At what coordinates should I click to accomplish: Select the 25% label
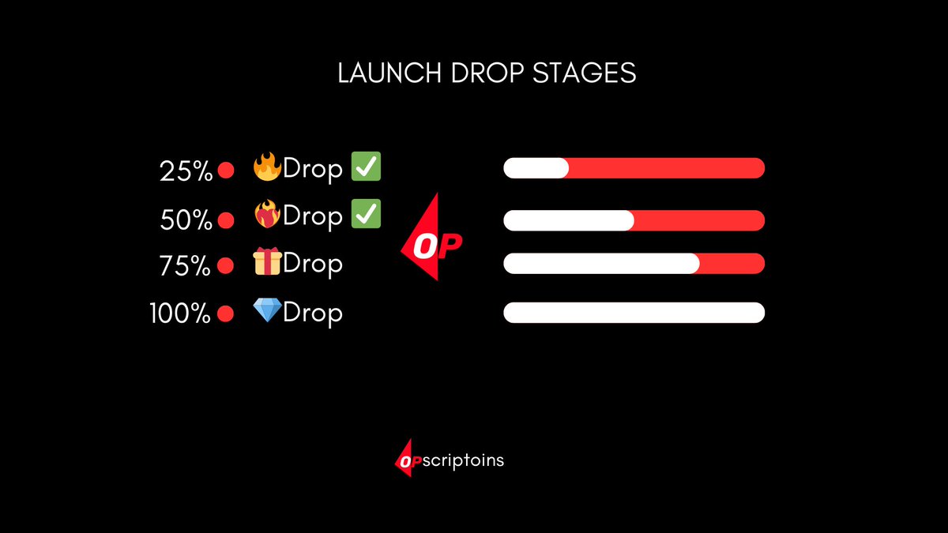tap(186, 171)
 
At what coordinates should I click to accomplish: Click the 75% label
tap(185, 267)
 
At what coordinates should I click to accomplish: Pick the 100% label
tap(180, 314)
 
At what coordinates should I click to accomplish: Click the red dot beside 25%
tap(226, 171)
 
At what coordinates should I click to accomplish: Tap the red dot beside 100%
tap(225, 314)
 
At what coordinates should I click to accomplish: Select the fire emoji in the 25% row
tap(267, 167)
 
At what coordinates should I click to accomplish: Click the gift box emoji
tap(267, 262)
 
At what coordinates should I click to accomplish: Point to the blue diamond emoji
tap(267, 310)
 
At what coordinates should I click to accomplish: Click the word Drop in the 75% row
tap(313, 264)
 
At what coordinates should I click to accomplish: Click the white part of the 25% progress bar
tap(536, 168)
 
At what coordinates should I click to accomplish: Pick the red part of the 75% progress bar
tap(732, 264)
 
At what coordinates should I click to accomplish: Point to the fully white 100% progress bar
tap(634, 313)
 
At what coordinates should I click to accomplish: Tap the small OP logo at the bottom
tap(408, 463)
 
